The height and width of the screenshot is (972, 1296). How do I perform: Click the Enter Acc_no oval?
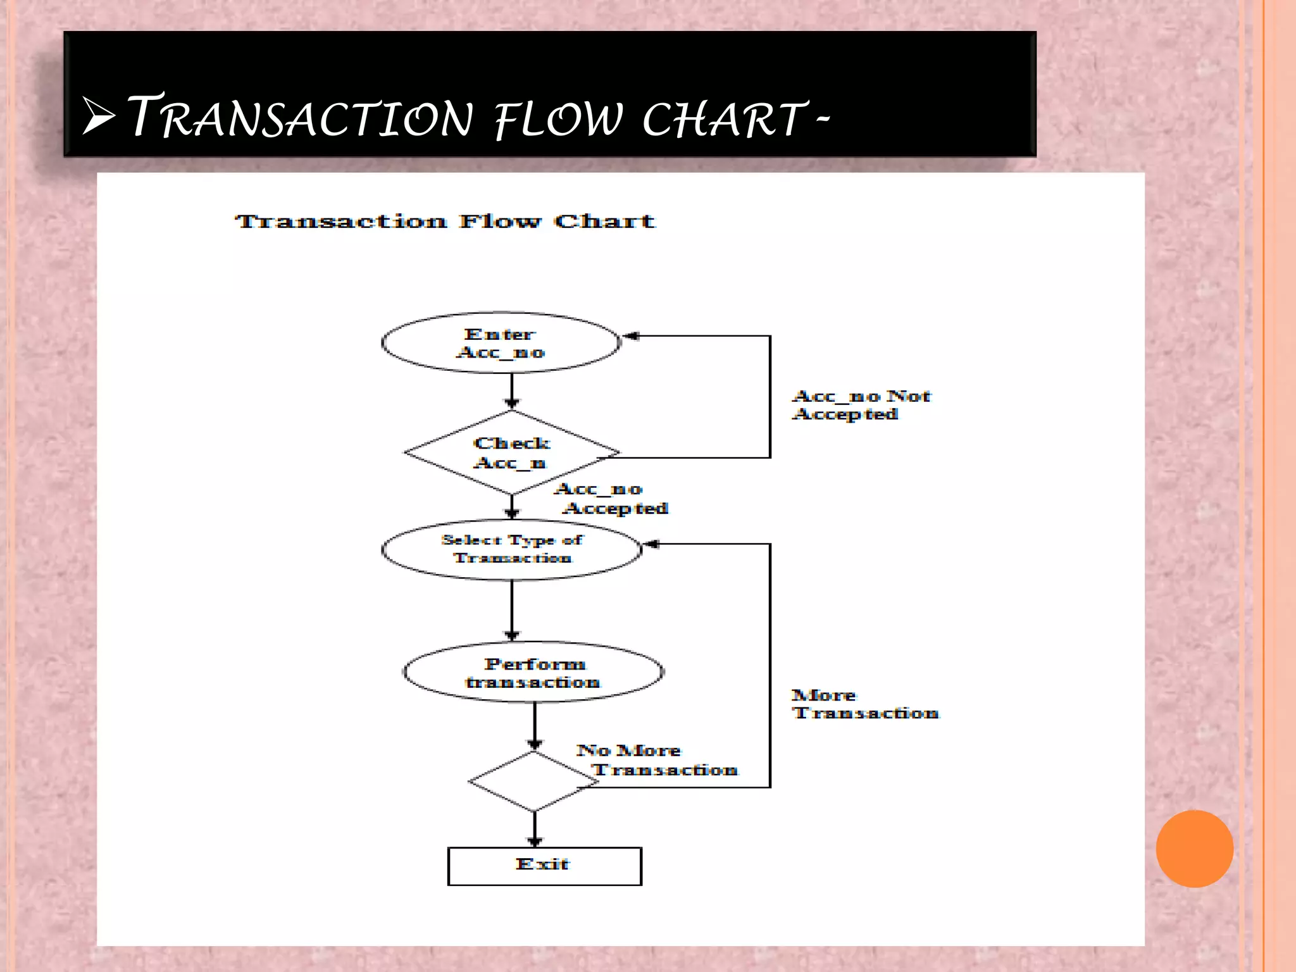[x=501, y=342]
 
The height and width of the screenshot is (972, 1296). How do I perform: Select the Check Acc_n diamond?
[x=511, y=452]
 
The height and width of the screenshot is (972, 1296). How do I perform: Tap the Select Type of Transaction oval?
[x=511, y=549]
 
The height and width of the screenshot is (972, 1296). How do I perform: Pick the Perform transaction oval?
[x=533, y=673]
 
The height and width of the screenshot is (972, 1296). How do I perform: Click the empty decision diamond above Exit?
[x=533, y=782]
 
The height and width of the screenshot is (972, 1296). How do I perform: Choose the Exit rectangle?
[x=544, y=866]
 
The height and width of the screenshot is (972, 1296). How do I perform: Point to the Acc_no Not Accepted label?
[x=861, y=405]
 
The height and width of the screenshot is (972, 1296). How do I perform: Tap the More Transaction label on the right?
[x=864, y=704]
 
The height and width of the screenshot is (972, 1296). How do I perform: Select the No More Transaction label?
[x=657, y=760]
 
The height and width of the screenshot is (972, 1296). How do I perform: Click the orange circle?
[x=1194, y=849]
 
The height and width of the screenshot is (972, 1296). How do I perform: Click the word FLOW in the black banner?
[x=558, y=120]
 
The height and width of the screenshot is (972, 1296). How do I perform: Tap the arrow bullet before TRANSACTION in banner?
[x=99, y=116]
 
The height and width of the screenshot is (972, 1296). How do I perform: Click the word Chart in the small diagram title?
[x=604, y=221]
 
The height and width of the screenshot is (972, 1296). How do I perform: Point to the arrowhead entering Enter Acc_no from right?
[x=631, y=336]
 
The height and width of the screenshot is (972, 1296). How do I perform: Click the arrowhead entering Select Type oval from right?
[x=651, y=544]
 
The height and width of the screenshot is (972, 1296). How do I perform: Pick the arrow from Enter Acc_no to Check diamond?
[x=512, y=391]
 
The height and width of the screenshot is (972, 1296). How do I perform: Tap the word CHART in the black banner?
[x=723, y=120]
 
